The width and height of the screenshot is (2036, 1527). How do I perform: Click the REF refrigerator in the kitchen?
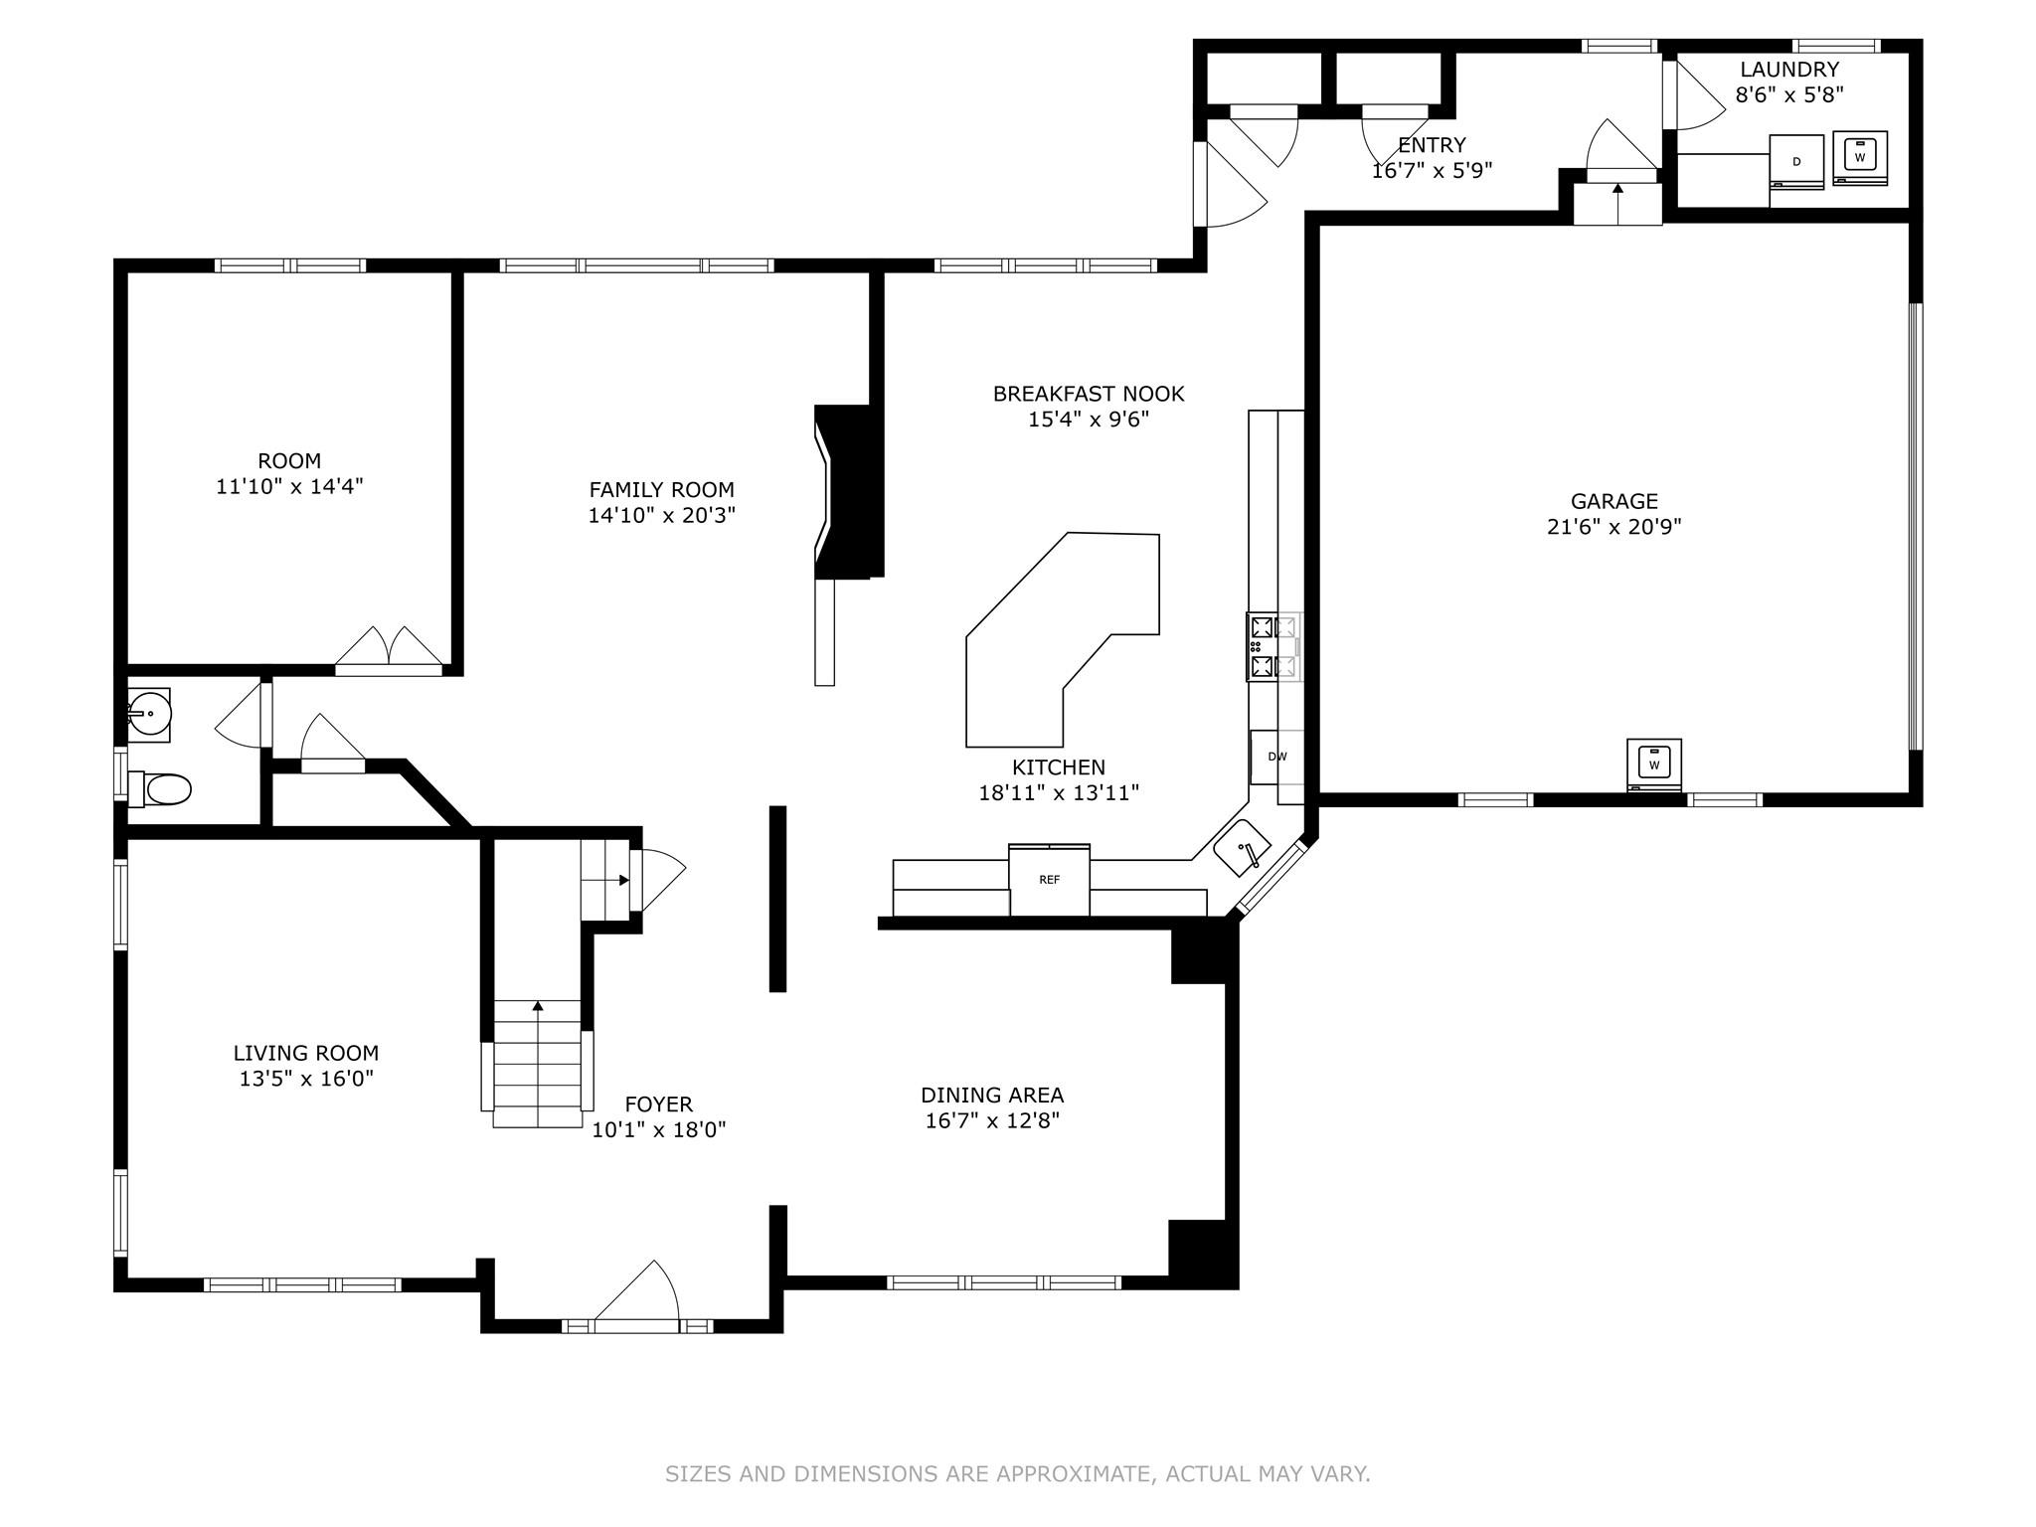coord(1049,880)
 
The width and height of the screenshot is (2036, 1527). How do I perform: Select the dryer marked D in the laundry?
coord(1796,161)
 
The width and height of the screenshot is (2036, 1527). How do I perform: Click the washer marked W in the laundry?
coord(1859,158)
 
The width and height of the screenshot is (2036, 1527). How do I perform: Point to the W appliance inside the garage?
coord(1654,764)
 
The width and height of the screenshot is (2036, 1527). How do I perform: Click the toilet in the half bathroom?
coord(160,790)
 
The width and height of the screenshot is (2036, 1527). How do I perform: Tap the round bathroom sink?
coord(149,714)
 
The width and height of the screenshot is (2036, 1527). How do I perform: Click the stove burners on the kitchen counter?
coord(1273,646)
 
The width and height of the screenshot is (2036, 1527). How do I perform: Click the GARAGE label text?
coord(1614,501)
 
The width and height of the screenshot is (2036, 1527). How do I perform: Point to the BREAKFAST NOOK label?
coord(1089,394)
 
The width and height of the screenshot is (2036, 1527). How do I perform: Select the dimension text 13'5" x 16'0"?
coord(306,1079)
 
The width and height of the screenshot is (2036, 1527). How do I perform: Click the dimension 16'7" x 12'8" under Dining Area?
coord(992,1120)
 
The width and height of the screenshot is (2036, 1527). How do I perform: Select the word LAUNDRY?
coord(1789,70)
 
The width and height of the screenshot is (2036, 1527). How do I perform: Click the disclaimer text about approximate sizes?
coord(1018,1473)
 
